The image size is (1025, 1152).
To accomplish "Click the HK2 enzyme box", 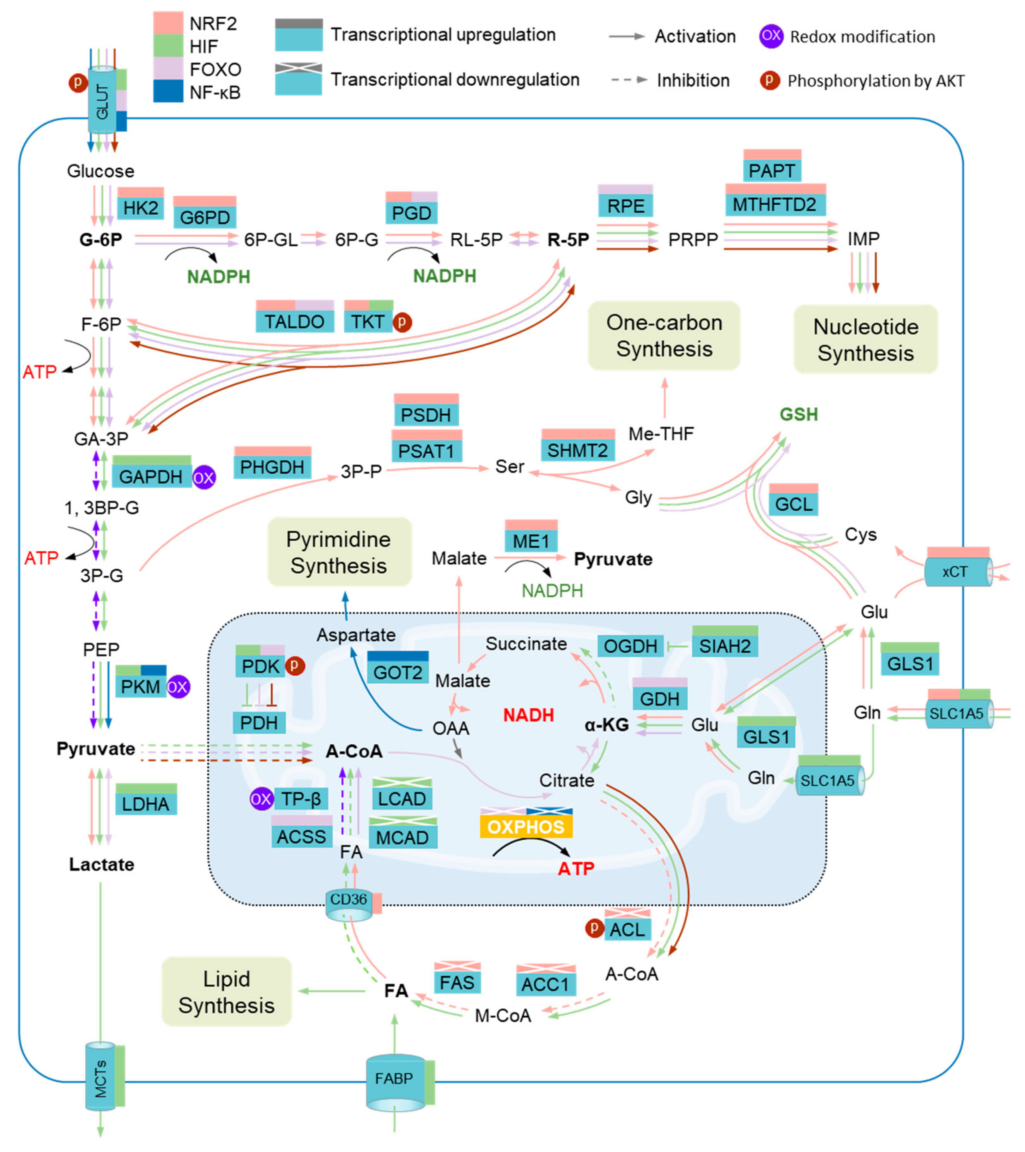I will point(140,208).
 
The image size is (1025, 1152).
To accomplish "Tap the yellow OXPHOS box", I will point(526,827).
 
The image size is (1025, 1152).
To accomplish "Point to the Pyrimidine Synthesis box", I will point(339,552).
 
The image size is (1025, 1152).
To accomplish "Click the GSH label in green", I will point(798,415).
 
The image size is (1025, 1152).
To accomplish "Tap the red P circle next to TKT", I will point(402,322).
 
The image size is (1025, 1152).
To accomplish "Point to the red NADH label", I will point(528,715).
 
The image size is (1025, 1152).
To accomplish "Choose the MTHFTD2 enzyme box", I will point(775,205).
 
